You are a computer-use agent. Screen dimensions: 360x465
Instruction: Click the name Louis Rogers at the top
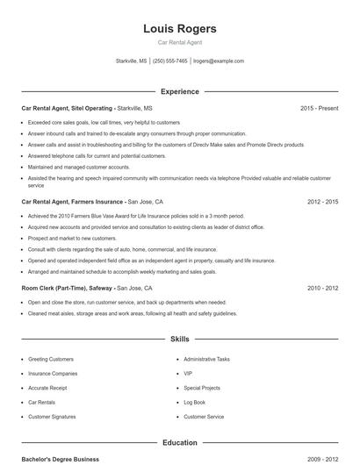180,29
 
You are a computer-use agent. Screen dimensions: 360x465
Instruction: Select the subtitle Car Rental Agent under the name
180,42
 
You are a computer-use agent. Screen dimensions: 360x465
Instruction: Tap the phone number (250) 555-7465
170,61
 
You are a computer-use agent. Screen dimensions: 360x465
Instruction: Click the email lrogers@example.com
219,61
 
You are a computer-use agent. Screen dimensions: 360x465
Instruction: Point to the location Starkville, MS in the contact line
132,61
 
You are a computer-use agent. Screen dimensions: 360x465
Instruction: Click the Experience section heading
180,91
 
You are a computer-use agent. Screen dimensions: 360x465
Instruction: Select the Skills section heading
180,338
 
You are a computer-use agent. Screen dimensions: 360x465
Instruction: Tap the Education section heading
180,442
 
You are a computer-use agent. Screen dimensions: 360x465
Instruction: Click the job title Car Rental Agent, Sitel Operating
67,108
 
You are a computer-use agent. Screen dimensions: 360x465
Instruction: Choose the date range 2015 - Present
319,108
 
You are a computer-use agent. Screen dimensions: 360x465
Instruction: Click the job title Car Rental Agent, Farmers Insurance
73,201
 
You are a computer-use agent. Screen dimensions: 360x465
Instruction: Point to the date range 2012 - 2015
322,201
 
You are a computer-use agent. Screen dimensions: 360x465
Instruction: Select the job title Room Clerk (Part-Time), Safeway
68,288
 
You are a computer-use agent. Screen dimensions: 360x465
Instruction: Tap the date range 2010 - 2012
322,288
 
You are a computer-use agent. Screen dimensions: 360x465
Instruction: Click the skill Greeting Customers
51,359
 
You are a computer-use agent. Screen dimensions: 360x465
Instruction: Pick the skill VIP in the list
188,373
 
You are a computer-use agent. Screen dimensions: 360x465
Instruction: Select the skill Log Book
194,402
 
